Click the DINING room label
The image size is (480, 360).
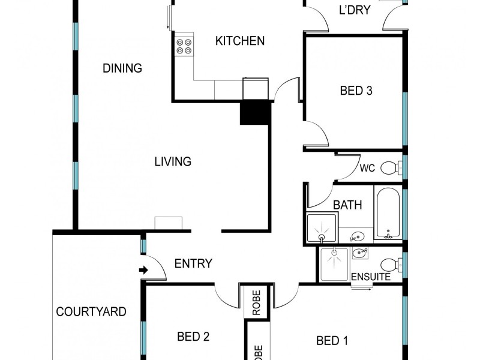pyautogui.click(x=122, y=68)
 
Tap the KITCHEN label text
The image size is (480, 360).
pyautogui.click(x=240, y=41)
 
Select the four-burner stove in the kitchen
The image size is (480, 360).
pyautogui.click(x=184, y=47)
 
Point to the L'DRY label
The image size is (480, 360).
pyautogui.click(x=354, y=10)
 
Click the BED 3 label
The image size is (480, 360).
pyautogui.click(x=356, y=91)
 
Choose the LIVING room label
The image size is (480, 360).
pyautogui.click(x=173, y=161)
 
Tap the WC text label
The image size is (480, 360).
pyautogui.click(x=367, y=169)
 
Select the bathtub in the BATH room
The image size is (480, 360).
pyautogui.click(x=388, y=212)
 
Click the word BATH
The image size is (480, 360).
pyautogui.click(x=347, y=205)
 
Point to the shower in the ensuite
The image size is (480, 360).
pyautogui.click(x=334, y=265)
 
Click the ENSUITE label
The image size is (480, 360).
pyautogui.click(x=371, y=277)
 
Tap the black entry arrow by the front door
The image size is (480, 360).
pyautogui.click(x=143, y=271)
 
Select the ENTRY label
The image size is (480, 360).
pyautogui.click(x=193, y=263)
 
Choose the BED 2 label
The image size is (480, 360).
pyautogui.click(x=193, y=337)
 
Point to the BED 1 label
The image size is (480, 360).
pyautogui.click(x=332, y=341)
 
